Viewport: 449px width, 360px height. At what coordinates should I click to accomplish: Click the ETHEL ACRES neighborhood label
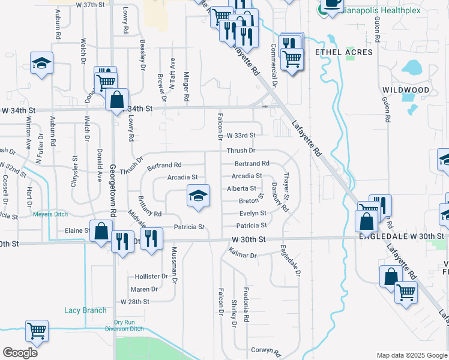[344, 52]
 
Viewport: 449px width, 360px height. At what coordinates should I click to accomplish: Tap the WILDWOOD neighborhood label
[406, 90]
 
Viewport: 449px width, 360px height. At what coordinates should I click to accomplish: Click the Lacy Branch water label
[85, 310]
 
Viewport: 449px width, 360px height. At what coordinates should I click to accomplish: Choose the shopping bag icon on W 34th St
[117, 100]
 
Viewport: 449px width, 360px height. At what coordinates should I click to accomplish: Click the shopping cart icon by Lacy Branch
[37, 331]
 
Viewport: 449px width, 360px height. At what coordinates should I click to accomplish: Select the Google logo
[20, 352]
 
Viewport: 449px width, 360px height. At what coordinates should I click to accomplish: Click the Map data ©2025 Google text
[412, 355]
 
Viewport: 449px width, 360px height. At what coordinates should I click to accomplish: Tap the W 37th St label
[91, 4]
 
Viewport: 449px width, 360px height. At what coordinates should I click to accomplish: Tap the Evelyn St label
[253, 213]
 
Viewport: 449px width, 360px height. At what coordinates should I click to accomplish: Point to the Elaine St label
[77, 230]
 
